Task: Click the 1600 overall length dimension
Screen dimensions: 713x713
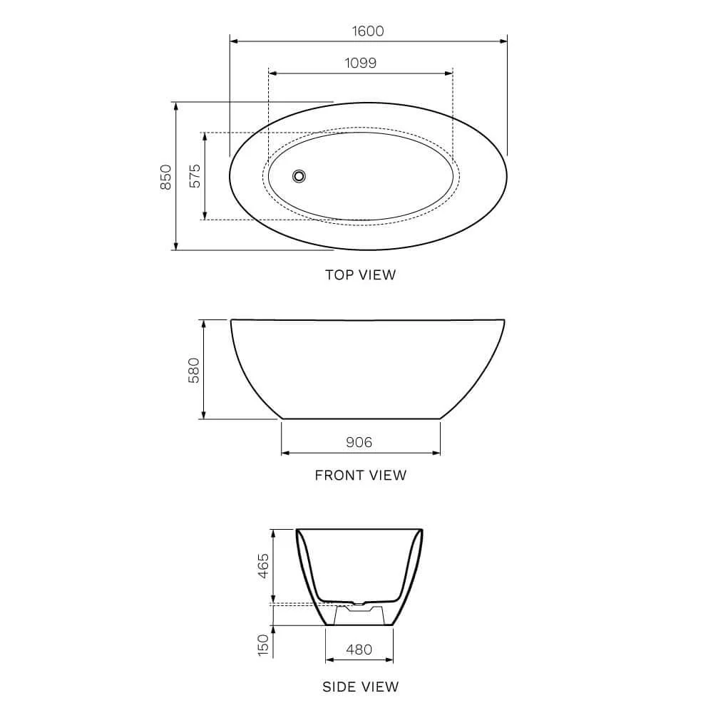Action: point(368,31)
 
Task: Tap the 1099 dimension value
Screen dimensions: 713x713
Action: point(361,63)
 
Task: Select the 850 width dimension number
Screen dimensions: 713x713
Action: point(166,177)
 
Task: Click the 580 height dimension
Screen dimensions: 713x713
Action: point(194,370)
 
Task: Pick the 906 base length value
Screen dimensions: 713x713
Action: point(359,442)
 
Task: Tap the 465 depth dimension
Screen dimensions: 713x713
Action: point(263,565)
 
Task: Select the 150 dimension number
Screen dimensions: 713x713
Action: point(263,645)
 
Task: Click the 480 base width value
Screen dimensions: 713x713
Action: point(359,650)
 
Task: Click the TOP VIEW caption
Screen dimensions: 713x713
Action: point(361,275)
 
